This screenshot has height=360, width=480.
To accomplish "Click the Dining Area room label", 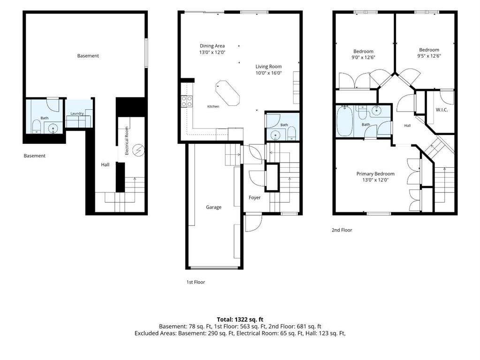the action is click(212, 46).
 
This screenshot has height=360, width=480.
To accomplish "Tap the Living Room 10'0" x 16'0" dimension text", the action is click(268, 73).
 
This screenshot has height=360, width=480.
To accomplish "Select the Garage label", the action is click(213, 207).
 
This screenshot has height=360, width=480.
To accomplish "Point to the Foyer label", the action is click(254, 198).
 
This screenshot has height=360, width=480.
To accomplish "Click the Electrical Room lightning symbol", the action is click(139, 150).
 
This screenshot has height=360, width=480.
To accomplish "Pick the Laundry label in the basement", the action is click(77, 113).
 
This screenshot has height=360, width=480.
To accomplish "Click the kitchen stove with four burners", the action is click(187, 101).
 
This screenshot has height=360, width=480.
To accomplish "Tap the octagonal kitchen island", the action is click(228, 93).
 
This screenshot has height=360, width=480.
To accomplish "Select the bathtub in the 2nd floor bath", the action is click(345, 121).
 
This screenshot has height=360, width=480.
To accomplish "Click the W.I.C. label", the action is click(442, 110).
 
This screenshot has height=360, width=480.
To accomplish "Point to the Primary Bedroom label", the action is click(375, 174).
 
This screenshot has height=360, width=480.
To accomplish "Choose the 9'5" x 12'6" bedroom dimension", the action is click(429, 56).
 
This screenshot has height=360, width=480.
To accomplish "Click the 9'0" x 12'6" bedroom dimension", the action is click(363, 57).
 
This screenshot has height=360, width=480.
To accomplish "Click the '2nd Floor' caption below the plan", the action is click(342, 230).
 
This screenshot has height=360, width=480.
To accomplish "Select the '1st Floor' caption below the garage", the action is click(196, 282).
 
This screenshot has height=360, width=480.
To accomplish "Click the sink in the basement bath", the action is click(53, 129).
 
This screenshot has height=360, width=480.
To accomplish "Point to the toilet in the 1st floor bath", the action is click(291, 133).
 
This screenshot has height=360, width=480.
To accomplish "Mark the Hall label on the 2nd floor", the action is click(407, 126).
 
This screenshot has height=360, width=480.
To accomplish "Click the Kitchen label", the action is click(213, 106).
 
